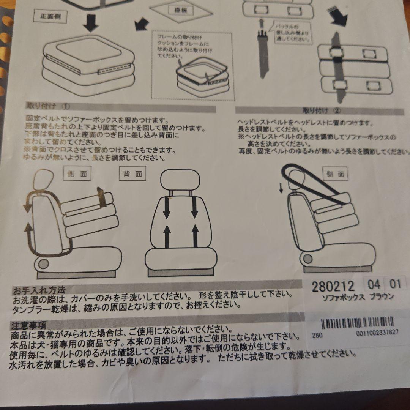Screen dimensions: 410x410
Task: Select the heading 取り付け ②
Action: click(321, 111)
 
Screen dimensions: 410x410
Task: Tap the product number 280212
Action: click(333, 286)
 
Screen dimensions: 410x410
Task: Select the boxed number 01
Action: click(395, 284)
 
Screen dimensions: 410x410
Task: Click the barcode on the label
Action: click(357, 323)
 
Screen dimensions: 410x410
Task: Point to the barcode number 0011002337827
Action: click(377, 333)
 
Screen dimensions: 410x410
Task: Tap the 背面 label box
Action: click(132, 174)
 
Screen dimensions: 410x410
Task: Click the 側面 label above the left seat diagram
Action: click(77, 174)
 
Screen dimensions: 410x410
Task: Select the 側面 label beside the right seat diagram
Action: click(335, 174)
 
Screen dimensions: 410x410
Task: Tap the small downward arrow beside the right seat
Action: click(281, 187)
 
